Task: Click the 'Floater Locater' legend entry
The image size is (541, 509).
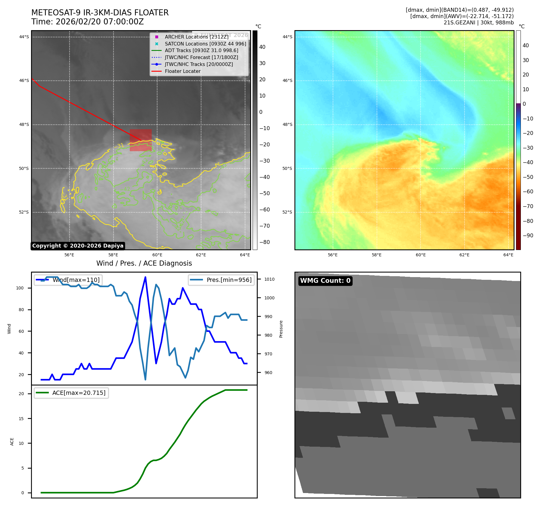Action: (x=182, y=71)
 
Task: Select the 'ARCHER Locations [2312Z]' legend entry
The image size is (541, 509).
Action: (x=197, y=37)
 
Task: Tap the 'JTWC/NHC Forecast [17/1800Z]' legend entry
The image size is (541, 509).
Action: (x=201, y=58)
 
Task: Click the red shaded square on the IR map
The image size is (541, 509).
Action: (x=141, y=140)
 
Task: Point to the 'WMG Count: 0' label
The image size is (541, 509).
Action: (x=325, y=281)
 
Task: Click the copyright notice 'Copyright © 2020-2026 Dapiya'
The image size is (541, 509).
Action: (x=78, y=246)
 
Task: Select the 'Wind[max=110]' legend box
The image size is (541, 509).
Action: (x=68, y=280)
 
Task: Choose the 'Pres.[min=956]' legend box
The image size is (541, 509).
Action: (x=221, y=280)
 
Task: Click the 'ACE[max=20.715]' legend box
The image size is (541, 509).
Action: (x=71, y=393)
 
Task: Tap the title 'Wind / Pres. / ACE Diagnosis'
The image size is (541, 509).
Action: (x=144, y=263)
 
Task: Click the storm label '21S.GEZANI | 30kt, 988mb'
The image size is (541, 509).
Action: (x=478, y=23)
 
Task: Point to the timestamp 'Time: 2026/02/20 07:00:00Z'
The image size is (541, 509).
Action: (x=87, y=22)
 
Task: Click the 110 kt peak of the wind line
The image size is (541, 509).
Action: (x=145, y=277)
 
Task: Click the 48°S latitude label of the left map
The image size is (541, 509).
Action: (x=24, y=125)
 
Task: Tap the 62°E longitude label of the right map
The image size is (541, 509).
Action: (x=464, y=255)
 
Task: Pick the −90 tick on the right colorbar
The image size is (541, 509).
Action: (x=528, y=236)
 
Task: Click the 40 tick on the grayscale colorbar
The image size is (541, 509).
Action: (x=262, y=47)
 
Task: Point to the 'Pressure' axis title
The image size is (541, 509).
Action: (x=281, y=329)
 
